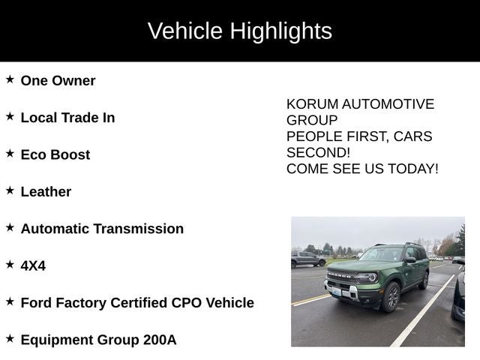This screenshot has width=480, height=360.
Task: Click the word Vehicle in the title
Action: (x=185, y=31)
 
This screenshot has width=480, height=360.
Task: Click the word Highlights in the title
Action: (x=280, y=31)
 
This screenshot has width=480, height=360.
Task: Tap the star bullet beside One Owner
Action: (x=10, y=79)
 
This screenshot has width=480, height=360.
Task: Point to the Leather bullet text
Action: (x=46, y=191)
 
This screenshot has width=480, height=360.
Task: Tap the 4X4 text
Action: (x=33, y=265)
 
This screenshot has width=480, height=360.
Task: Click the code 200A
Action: (x=160, y=340)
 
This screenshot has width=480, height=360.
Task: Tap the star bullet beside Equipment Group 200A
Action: (x=10, y=339)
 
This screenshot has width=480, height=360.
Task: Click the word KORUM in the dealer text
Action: (x=311, y=104)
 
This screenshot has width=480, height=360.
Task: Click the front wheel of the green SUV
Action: (x=390, y=297)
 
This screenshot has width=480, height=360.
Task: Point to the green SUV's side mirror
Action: (x=409, y=260)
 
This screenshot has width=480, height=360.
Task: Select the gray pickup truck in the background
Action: (x=307, y=259)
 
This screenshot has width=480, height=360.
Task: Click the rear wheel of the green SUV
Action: (x=424, y=280)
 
